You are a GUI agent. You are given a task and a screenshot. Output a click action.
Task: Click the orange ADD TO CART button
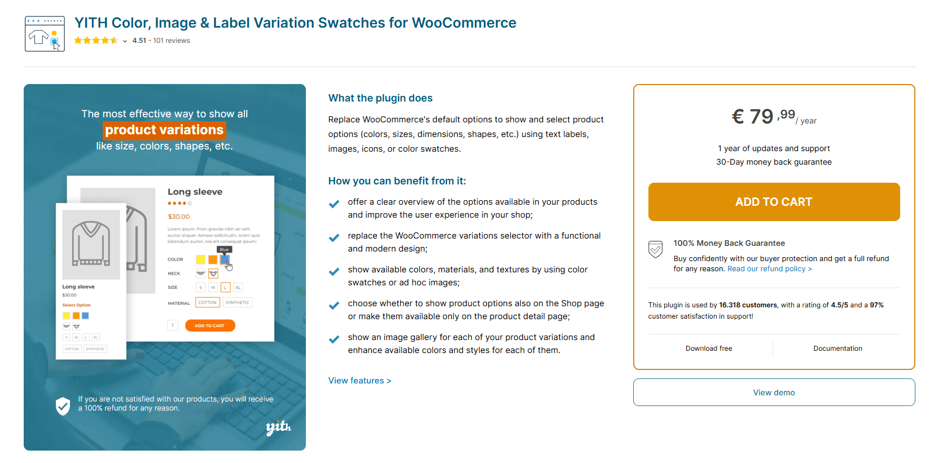click(x=773, y=202)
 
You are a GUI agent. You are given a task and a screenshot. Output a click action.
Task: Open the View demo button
click(x=773, y=393)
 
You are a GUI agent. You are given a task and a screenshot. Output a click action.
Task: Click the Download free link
click(x=708, y=349)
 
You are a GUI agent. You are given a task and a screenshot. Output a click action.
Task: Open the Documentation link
click(x=837, y=349)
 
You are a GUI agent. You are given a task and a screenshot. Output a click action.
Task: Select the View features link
click(x=359, y=381)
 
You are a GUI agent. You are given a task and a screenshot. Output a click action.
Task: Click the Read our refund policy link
click(x=769, y=269)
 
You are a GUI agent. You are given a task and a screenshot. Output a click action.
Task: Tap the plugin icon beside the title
click(x=45, y=34)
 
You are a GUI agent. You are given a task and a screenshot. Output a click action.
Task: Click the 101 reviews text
click(x=172, y=41)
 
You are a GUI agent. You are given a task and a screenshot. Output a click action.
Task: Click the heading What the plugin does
click(x=380, y=98)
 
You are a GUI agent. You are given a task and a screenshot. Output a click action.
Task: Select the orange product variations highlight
click(x=164, y=130)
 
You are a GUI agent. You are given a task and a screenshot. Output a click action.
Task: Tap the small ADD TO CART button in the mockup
click(x=209, y=325)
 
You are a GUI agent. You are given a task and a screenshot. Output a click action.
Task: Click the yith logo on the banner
click(x=278, y=427)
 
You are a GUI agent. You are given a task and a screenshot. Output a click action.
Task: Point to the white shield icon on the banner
click(x=63, y=405)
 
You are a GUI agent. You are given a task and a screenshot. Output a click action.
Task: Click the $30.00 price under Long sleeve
click(x=178, y=217)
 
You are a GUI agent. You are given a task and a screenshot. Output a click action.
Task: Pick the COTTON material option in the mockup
click(x=207, y=303)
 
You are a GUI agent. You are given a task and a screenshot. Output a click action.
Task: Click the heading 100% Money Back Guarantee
click(x=729, y=243)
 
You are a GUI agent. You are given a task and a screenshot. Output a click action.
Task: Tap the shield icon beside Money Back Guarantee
click(x=655, y=249)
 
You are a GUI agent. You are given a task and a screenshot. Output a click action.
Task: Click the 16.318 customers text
click(x=748, y=305)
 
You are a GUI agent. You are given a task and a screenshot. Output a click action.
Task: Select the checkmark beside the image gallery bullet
click(x=334, y=339)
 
